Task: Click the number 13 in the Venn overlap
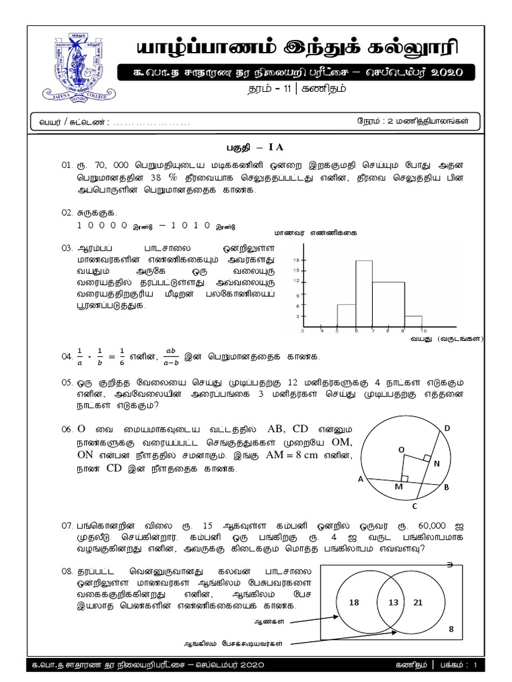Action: tap(388, 602)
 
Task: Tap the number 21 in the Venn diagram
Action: tap(418, 602)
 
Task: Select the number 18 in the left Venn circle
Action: tap(353, 602)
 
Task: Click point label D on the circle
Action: tap(447, 428)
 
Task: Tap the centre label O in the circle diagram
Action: tap(401, 450)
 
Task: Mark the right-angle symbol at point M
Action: tap(405, 478)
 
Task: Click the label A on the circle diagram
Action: tap(361, 480)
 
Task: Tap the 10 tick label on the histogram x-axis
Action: tap(423, 330)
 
